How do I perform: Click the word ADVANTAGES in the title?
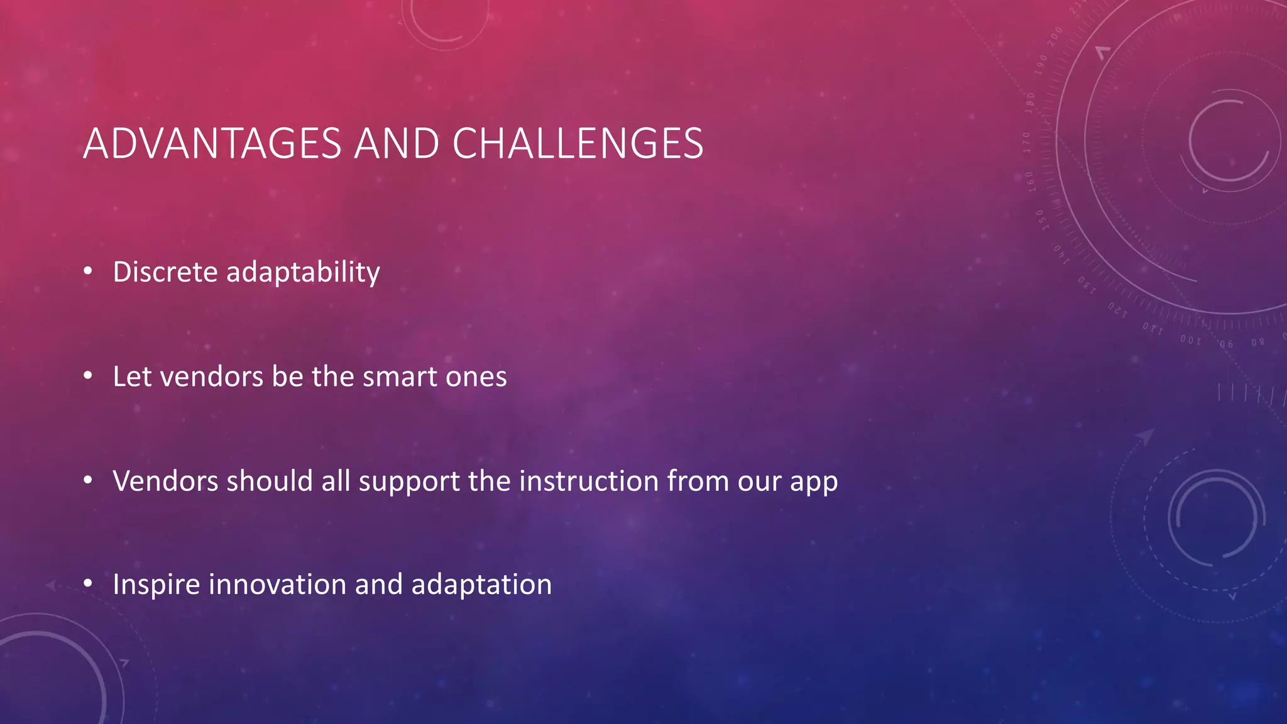(x=212, y=144)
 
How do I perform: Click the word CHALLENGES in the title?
(x=578, y=144)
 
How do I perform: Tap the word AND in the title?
(x=396, y=144)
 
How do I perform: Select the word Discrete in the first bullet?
(x=165, y=272)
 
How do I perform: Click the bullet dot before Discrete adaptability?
(x=88, y=271)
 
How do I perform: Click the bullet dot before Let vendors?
(x=88, y=376)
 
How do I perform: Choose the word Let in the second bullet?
(x=133, y=376)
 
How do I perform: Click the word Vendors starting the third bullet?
(x=165, y=481)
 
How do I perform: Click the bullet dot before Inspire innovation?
(x=88, y=584)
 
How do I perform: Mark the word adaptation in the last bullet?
(x=481, y=585)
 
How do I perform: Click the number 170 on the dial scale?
(x=1027, y=143)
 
